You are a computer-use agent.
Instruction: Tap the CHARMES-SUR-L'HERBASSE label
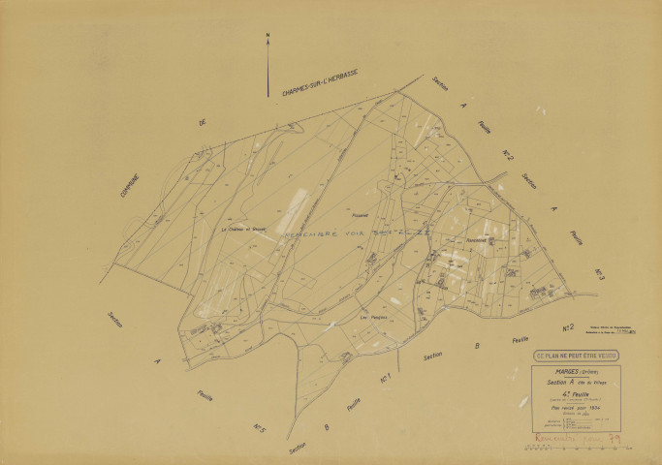click(320, 86)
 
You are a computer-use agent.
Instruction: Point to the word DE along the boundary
click(203, 124)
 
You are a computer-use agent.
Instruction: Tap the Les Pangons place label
click(373, 318)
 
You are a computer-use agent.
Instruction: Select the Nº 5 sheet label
click(260, 426)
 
